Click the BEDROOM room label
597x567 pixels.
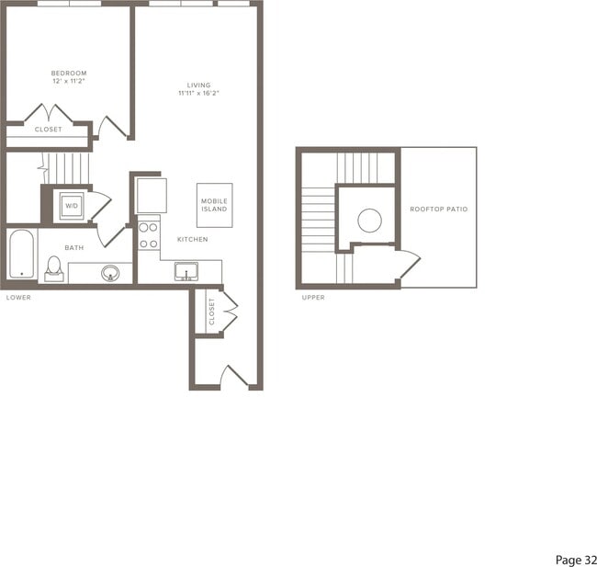(69, 73)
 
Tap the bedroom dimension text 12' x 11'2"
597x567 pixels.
(69, 81)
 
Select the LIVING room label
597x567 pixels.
(199, 85)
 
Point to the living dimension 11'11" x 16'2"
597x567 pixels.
(199, 94)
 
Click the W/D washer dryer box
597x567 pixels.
(72, 206)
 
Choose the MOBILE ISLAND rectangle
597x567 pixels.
(215, 204)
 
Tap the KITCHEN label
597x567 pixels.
(193, 239)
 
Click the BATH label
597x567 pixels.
(74, 247)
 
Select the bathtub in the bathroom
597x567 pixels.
(21, 255)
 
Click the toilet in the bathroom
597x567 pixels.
(53, 267)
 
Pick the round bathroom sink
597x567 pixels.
(110, 272)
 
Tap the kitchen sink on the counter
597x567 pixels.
(186, 271)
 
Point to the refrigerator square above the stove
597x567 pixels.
(151, 195)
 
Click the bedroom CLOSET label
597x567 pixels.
(48, 130)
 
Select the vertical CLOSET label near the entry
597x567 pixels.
(211, 312)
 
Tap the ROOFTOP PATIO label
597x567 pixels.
(438, 210)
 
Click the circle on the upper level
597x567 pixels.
(369, 221)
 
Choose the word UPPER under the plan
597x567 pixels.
(313, 297)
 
